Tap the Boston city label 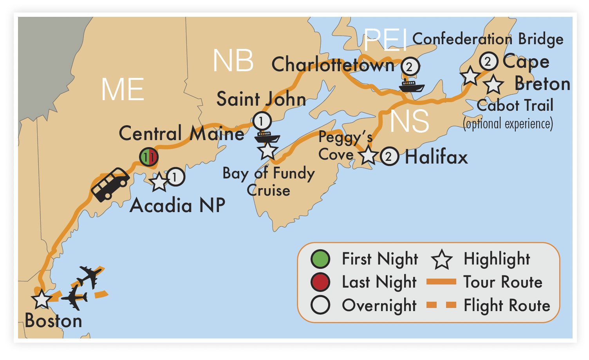(54, 321)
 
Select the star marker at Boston (42, 300)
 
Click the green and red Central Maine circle (149, 157)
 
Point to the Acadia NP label (177, 205)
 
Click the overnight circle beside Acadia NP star (175, 177)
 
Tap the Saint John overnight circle (262, 121)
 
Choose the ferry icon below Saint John (267, 137)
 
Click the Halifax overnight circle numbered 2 (389, 157)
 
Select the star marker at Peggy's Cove (368, 155)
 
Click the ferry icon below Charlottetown (411, 86)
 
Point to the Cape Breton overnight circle (488, 61)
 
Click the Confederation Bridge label (488, 39)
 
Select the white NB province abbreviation (233, 61)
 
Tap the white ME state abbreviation (123, 90)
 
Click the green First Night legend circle (320, 259)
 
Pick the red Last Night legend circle (320, 282)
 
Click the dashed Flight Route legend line (441, 305)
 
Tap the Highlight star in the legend (442, 259)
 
